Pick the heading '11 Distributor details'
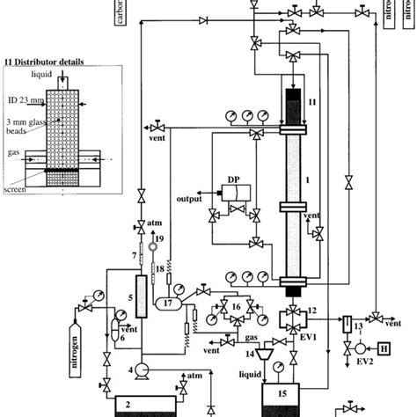pos(55,62)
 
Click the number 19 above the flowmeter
pos(159,238)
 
